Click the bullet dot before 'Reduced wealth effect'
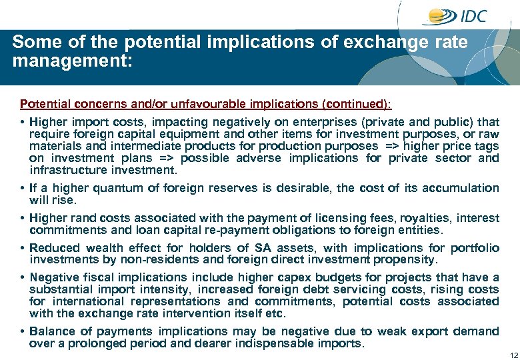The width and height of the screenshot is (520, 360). (23, 248)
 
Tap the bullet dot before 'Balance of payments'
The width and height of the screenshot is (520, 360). (23, 332)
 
